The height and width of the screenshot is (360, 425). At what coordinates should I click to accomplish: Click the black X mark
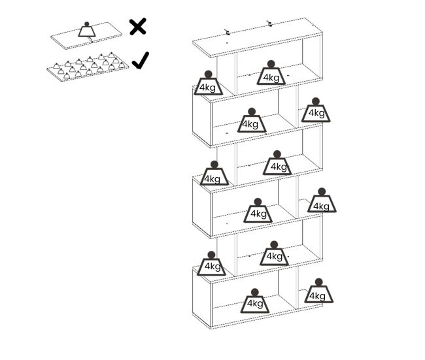138,27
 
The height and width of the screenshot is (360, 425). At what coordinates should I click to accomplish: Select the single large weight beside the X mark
87,29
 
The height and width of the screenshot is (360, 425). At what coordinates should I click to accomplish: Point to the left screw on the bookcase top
227,32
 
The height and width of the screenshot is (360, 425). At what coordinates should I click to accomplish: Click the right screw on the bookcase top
269,24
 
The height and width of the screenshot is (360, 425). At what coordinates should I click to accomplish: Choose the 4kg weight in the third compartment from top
277,163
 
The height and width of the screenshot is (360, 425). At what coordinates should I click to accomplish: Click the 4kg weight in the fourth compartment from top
258,210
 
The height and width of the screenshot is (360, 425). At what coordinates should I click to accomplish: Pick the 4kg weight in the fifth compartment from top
274,254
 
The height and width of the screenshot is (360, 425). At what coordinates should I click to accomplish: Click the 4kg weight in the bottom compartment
255,301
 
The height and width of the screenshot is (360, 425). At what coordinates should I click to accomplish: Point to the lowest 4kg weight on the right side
319,291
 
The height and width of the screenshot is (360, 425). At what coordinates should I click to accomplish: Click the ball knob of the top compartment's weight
271,64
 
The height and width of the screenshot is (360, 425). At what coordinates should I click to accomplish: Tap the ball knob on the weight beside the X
87,24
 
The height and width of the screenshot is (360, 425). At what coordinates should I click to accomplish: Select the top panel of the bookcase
258,37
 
